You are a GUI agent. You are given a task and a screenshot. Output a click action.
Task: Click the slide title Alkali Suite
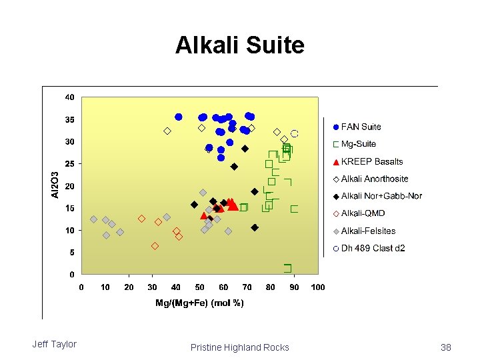pos(239,45)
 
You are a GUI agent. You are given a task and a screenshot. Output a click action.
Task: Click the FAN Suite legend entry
pos(361,127)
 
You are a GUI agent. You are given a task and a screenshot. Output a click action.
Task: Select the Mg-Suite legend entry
pos(358,144)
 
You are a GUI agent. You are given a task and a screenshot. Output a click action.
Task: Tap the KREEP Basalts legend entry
pos(371,161)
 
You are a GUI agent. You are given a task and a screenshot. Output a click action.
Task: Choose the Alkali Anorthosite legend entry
pos(374,179)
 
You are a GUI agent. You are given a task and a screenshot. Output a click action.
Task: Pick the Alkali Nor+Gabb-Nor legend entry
pos(381,196)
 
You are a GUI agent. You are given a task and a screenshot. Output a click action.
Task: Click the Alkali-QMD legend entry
pos(363,213)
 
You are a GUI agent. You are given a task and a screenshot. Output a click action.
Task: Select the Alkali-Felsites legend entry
pos(368,231)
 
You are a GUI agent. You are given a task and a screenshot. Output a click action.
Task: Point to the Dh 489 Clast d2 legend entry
pos(373,248)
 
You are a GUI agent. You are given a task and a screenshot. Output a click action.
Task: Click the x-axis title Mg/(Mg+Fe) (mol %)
pos(199,303)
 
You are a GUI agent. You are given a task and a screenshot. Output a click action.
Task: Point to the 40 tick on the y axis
pos(69,97)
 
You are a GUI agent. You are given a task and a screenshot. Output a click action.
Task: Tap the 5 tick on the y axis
pos(72,253)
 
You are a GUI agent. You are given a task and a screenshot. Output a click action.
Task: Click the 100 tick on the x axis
pos(318,287)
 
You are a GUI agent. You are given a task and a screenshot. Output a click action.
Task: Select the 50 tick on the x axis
pos(200,287)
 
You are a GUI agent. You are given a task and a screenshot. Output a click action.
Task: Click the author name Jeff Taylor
pos(54,344)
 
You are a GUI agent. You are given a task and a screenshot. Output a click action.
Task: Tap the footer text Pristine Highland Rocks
pos(239,347)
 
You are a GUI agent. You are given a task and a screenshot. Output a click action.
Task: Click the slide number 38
pos(446,347)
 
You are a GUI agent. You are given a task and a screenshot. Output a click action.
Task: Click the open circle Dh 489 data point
pos(294,133)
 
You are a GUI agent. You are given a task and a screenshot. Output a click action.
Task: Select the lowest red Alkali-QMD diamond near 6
pos(155,246)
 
